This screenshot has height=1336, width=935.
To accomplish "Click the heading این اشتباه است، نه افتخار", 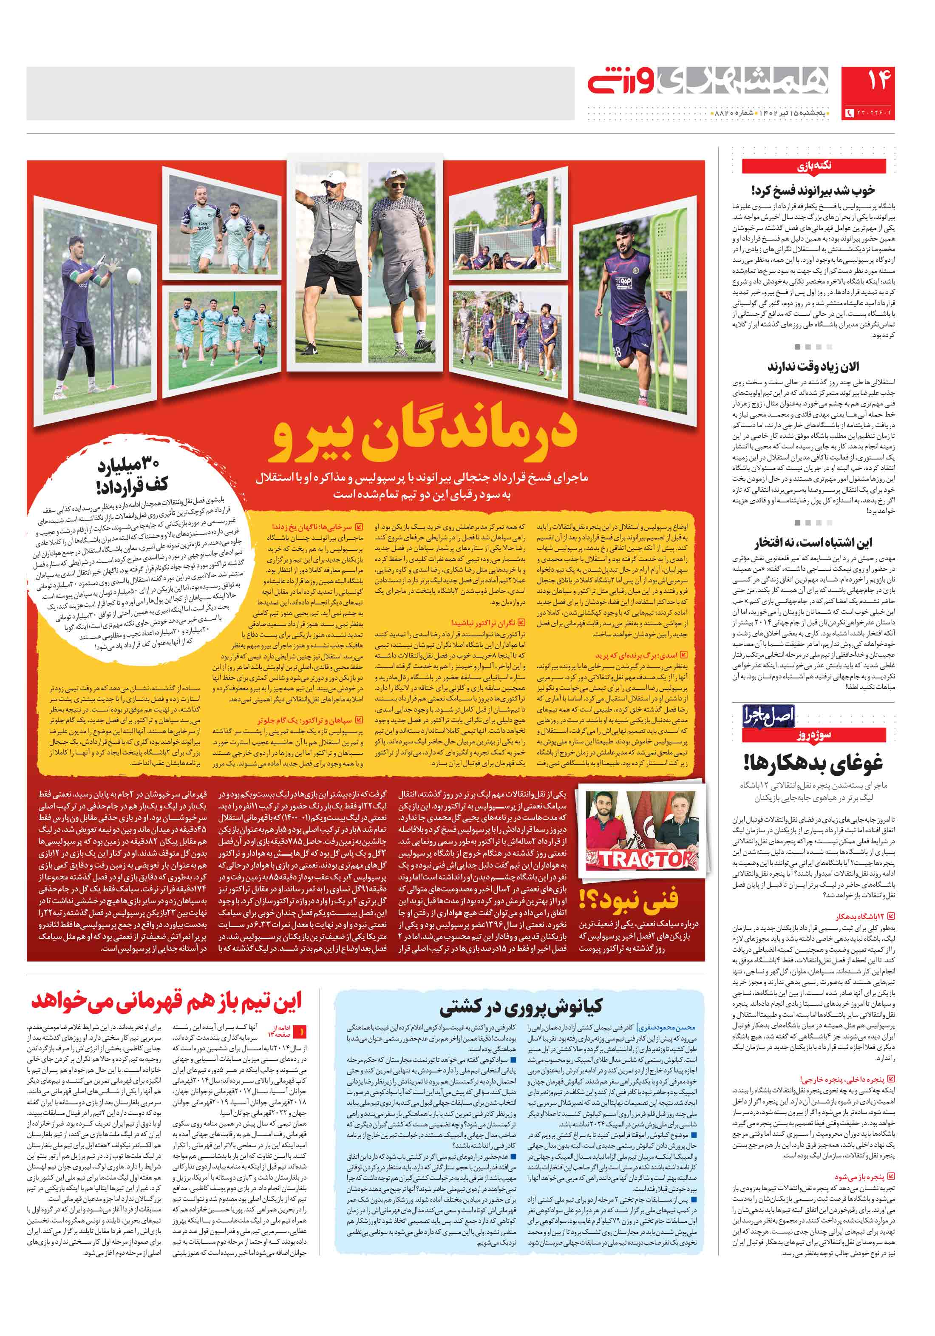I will [x=813, y=543].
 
